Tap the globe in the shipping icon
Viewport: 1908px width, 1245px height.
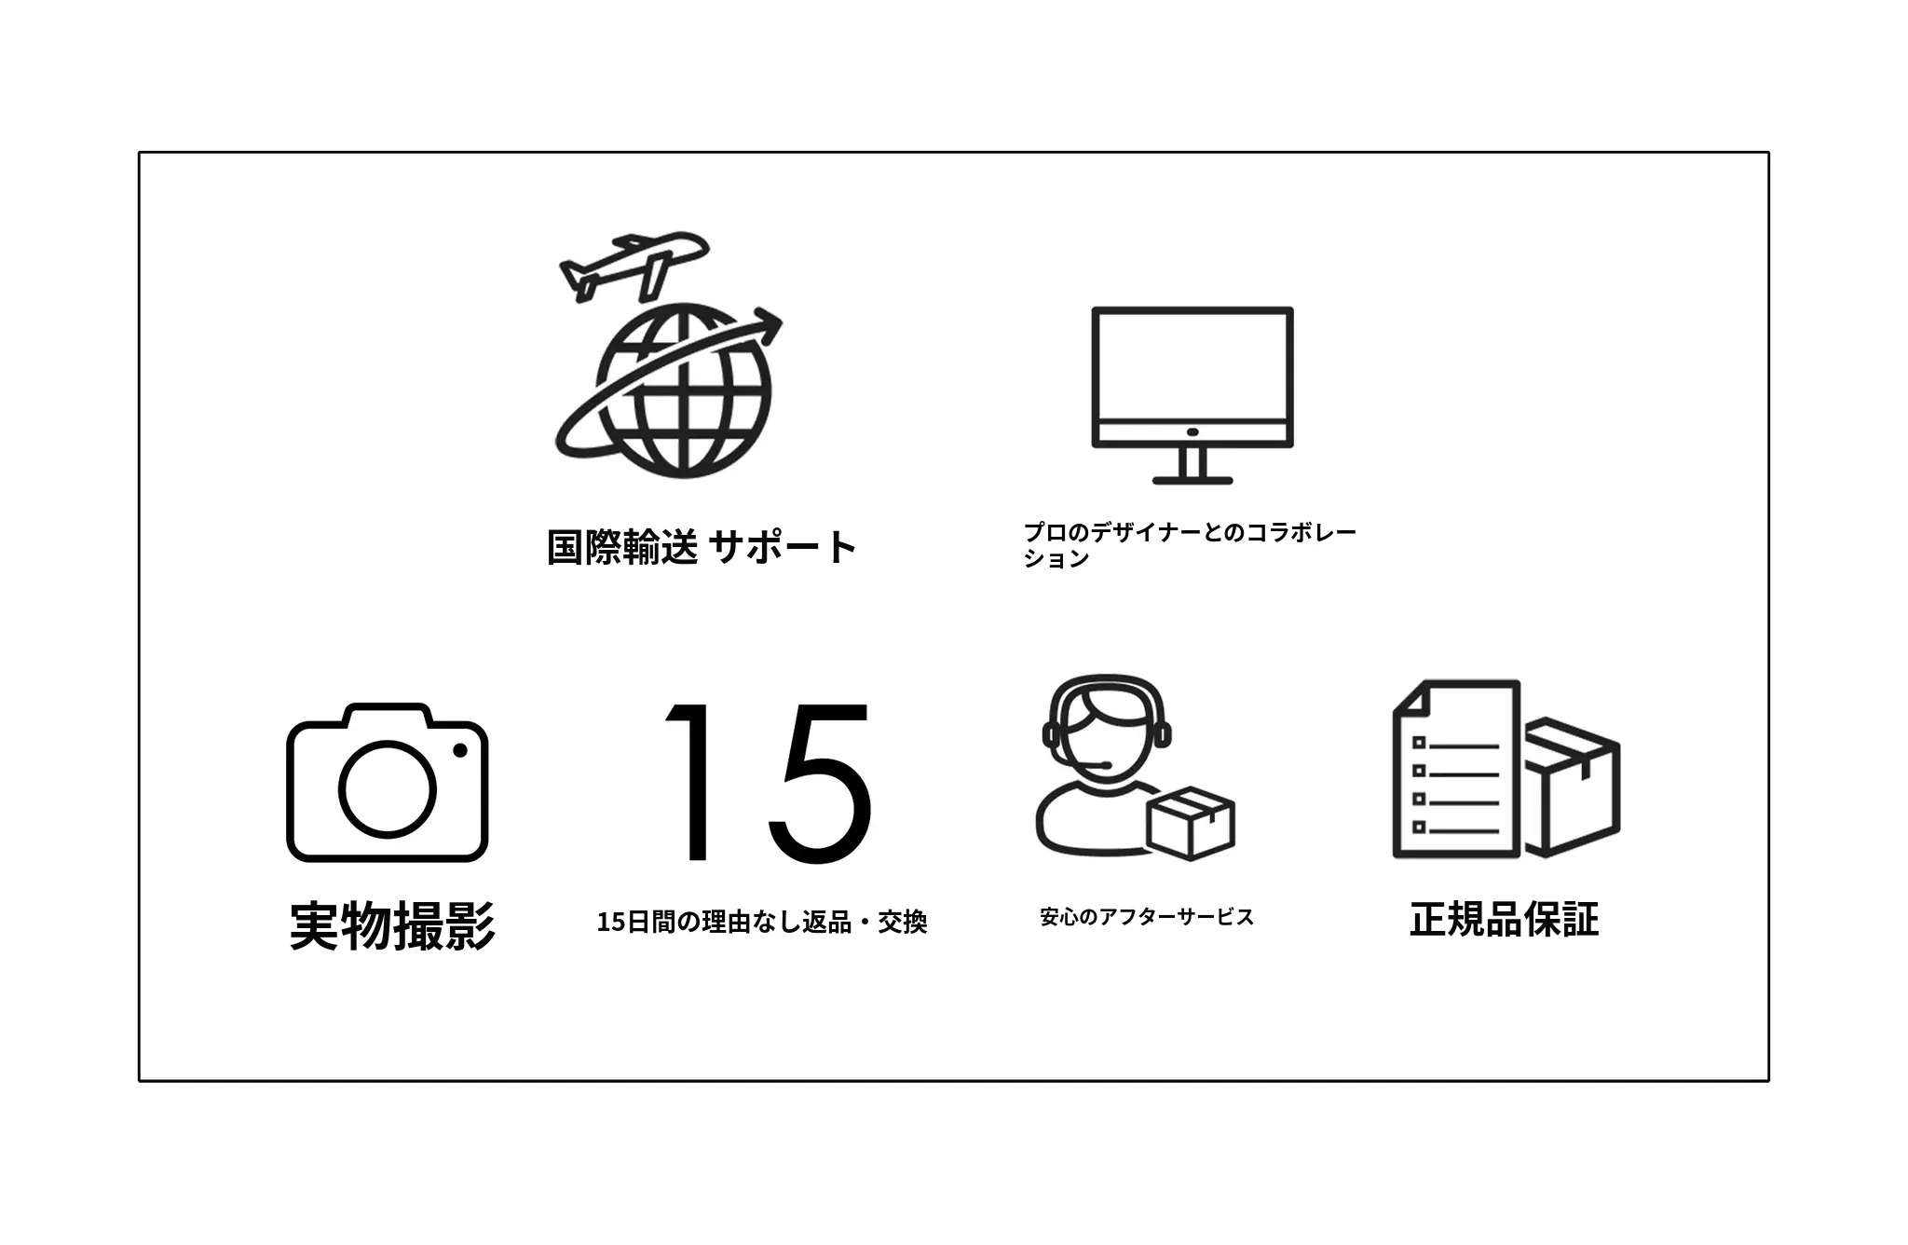684,391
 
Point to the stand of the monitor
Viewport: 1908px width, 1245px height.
1192,466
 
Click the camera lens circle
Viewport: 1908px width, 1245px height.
387,788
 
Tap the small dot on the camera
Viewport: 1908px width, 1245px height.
459,750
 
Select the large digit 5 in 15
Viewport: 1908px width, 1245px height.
820,783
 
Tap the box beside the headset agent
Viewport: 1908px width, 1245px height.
1191,823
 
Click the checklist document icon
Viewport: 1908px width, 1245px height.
1456,769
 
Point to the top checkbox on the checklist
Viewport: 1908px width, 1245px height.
1419,743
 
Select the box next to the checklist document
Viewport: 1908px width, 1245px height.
1573,787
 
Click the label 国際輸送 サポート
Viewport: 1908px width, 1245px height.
701,547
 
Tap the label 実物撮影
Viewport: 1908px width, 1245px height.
392,925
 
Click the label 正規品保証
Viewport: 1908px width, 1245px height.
1504,919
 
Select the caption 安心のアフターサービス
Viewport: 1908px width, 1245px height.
1147,917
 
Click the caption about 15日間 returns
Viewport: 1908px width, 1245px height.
762,922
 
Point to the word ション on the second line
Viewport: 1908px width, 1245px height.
1056,558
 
